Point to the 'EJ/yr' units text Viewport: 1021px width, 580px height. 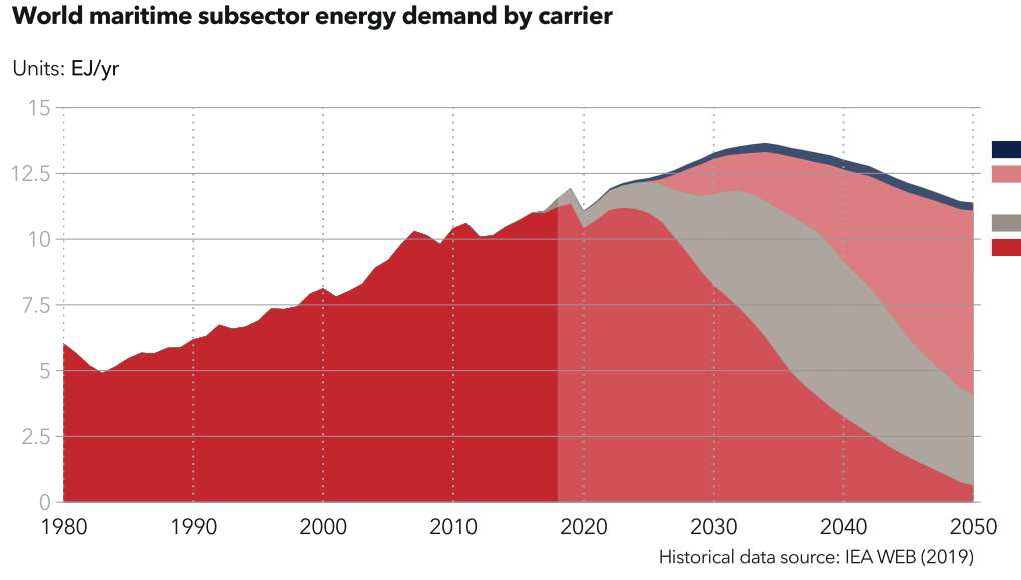tap(95, 69)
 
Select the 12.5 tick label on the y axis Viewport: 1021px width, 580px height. tap(29, 173)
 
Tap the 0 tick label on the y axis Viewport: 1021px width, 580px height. tap(43, 502)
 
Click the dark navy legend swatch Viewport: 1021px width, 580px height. tap(1006, 149)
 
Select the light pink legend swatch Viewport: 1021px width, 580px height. tap(1006, 174)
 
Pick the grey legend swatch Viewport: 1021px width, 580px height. tap(1006, 223)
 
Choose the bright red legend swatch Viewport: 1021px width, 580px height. tap(1006, 247)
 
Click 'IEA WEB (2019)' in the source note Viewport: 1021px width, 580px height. tap(914, 556)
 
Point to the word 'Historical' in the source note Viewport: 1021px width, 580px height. tap(698, 556)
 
